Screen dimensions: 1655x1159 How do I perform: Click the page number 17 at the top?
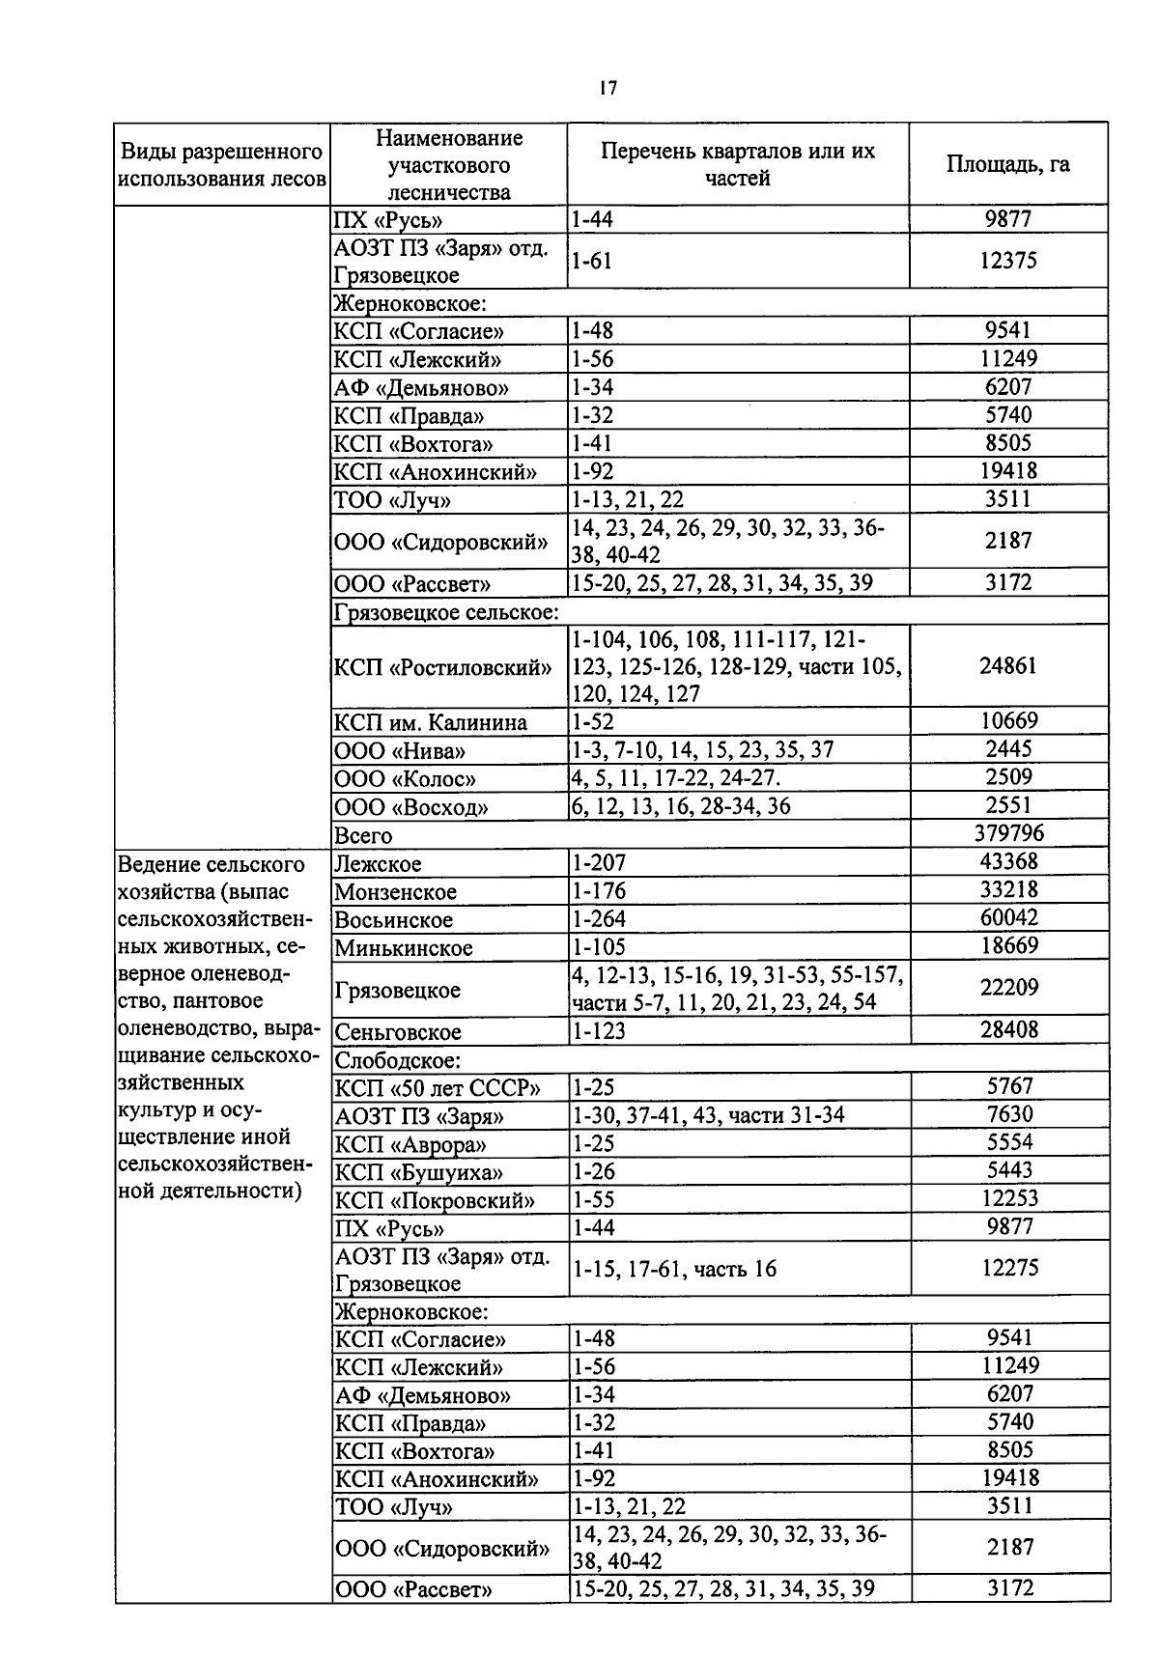tap(607, 88)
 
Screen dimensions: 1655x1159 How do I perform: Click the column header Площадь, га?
tap(1007, 163)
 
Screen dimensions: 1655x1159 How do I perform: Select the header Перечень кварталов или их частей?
tap(737, 164)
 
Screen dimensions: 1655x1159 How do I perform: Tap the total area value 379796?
tap(1008, 832)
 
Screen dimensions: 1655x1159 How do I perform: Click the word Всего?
tap(363, 835)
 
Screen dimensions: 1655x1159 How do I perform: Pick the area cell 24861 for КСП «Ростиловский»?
tap(1007, 665)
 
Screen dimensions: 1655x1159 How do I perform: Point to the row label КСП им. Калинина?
tap(431, 722)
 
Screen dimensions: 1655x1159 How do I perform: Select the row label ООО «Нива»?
tap(400, 751)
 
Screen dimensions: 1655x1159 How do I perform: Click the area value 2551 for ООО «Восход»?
tap(1008, 805)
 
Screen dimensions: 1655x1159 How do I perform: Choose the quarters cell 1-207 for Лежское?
tap(599, 863)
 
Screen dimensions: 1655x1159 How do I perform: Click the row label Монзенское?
tap(395, 892)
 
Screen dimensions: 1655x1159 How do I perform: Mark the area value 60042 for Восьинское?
tap(1009, 917)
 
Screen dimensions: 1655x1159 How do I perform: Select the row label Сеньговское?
tap(398, 1032)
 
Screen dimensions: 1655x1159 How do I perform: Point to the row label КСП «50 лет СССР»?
tap(437, 1088)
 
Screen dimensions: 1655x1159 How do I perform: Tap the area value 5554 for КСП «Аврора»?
tap(1009, 1142)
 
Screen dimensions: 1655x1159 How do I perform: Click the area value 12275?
tap(1009, 1268)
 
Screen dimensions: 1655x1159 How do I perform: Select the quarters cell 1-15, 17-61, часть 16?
tap(674, 1269)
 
